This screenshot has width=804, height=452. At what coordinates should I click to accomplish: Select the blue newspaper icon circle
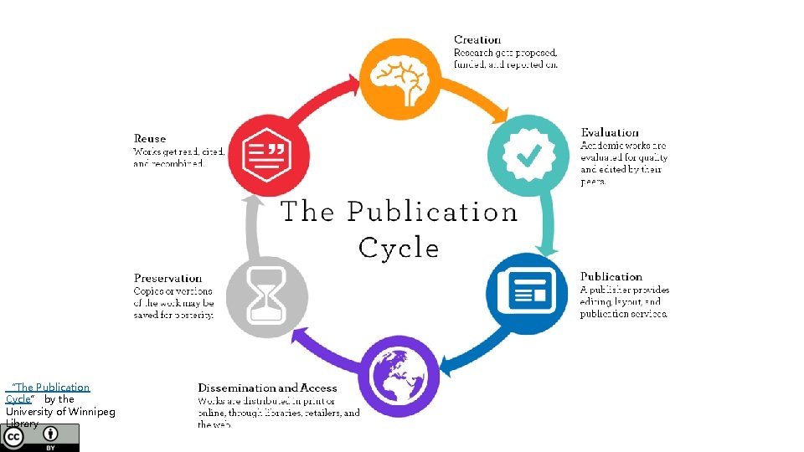(527, 294)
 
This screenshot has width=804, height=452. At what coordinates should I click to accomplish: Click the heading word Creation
(477, 39)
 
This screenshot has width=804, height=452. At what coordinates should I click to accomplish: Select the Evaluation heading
(610, 132)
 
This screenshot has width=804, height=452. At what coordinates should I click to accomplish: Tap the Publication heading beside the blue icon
(611, 276)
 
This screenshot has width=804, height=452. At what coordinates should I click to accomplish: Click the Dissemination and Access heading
(267, 388)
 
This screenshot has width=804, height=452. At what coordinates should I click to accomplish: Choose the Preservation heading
(167, 278)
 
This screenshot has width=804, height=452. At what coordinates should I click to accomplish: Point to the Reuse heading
(150, 138)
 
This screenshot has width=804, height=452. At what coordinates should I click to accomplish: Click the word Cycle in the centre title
(399, 248)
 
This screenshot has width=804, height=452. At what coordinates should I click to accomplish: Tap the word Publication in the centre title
(432, 212)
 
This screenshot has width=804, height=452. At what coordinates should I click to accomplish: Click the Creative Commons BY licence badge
(41, 438)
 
